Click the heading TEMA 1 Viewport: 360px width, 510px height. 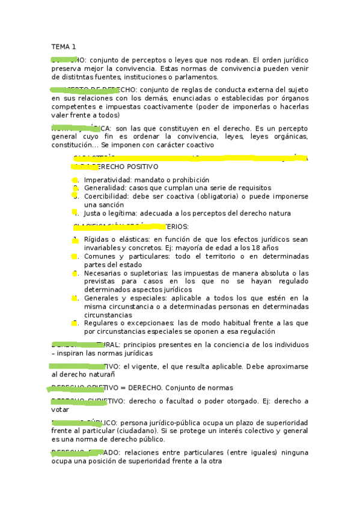pos(64,47)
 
